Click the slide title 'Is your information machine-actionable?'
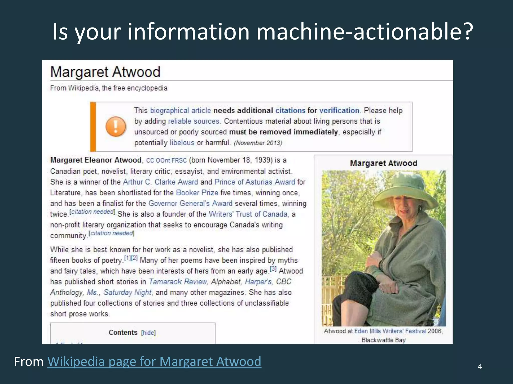pos(263,31)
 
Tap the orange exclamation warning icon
pos(115,126)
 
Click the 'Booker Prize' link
pos(197,193)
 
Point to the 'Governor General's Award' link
pos(190,203)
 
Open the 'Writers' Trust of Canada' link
pos(248,214)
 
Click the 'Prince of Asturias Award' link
pos(254,182)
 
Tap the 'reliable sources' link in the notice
pos(194,121)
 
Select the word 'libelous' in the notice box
pos(182,143)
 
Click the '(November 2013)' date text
pos(258,143)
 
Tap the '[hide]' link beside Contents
pos(148,333)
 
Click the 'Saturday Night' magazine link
pos(128,292)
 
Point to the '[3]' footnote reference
pos(273,269)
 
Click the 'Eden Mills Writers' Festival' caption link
pos(390,331)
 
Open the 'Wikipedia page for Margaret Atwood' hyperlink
pos(154,361)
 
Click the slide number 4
pos(480,366)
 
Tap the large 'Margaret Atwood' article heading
pos(105,72)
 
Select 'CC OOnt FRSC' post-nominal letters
pos(166,160)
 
